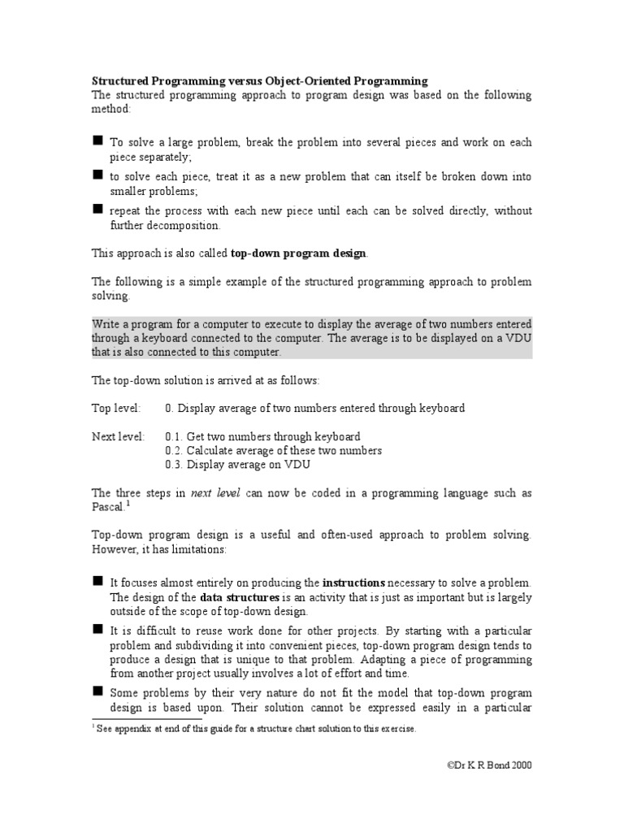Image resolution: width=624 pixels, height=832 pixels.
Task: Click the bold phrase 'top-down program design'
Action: point(299,253)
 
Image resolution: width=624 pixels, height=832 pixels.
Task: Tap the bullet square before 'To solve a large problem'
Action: point(97,141)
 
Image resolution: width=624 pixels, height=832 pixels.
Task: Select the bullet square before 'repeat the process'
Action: point(97,209)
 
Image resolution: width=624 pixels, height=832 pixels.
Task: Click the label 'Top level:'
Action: point(115,408)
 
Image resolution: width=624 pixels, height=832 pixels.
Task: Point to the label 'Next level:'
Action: point(118,436)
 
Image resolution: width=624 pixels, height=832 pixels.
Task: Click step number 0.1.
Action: point(173,436)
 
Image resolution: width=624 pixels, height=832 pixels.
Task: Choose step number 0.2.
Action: point(173,450)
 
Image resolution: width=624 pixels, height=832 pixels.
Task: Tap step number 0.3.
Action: point(173,465)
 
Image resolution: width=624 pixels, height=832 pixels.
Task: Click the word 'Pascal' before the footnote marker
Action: point(106,507)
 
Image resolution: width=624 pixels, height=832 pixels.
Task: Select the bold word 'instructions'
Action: point(354,583)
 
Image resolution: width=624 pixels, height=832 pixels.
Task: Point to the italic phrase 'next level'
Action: point(215,493)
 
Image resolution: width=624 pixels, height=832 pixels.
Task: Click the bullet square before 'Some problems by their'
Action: point(97,691)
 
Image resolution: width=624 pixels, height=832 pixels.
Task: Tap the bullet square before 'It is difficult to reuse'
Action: point(97,629)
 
